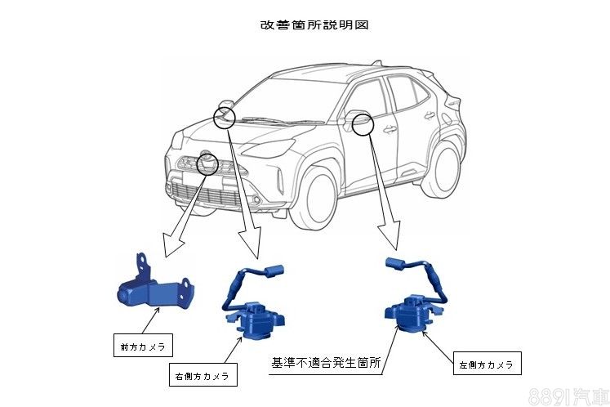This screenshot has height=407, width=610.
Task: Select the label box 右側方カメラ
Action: pos(202,377)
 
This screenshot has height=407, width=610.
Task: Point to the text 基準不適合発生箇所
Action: pos(327,360)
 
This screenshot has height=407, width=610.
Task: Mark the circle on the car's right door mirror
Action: pos(225,117)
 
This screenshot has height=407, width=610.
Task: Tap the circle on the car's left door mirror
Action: pos(362,125)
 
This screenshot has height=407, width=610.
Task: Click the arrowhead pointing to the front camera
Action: pos(172,245)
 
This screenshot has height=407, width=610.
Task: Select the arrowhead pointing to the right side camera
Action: pos(249,245)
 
